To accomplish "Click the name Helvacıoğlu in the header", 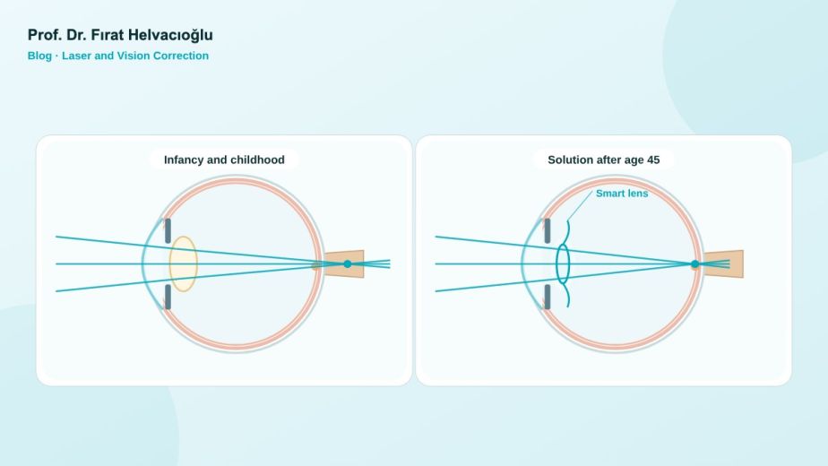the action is tap(170, 36).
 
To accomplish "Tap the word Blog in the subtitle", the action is tap(39, 56).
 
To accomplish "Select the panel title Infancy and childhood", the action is tap(224, 160).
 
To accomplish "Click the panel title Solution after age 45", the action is tap(604, 160).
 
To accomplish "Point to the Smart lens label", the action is tap(622, 194).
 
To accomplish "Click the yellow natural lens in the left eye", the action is tap(183, 263).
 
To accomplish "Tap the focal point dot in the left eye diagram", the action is tap(348, 263).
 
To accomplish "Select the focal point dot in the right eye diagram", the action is tap(695, 263).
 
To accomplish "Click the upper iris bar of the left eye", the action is tap(168, 231).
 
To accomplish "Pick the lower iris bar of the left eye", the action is tap(168, 297).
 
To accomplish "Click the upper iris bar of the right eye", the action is tap(547, 231).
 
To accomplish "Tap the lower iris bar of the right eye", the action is tap(547, 297).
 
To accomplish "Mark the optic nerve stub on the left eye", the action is tap(343, 263).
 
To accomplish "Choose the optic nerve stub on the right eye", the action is tap(723, 263).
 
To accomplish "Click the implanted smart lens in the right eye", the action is tap(564, 263).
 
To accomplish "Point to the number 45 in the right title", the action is tap(653, 160).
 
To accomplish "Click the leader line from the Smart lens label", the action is tap(580, 206).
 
